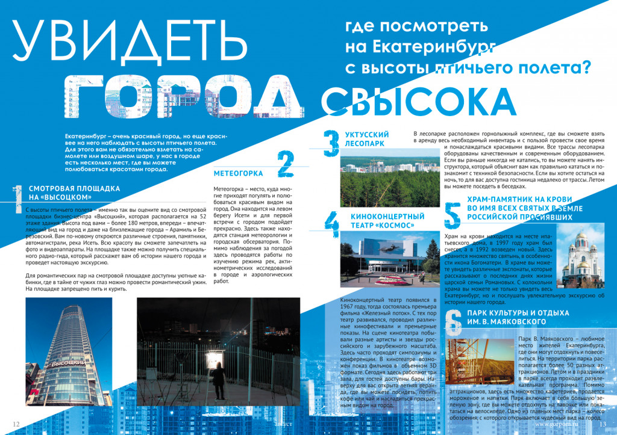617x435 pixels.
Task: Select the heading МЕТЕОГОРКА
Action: click(x=239, y=174)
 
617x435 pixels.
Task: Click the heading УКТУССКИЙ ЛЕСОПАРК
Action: click(x=367, y=139)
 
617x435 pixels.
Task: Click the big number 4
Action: click(x=331, y=226)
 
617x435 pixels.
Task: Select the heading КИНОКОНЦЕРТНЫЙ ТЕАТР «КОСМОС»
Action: click(x=379, y=220)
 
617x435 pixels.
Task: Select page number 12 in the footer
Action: click(x=16, y=424)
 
